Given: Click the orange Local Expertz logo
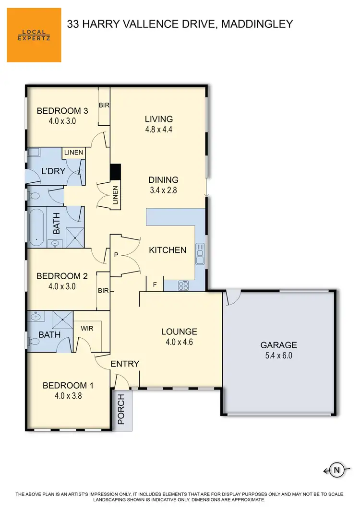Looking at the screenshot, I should click(x=34, y=35).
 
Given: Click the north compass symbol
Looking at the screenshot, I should click(x=336, y=470).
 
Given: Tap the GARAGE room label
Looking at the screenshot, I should click(x=278, y=345).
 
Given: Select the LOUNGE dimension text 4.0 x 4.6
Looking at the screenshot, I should click(x=179, y=343).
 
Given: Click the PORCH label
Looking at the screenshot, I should click(x=121, y=409).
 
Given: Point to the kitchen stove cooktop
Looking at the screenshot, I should click(x=183, y=285).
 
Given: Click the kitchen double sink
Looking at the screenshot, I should click(x=200, y=254).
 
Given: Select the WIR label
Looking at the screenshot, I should click(x=87, y=329).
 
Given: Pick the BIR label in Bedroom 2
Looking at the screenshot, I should click(x=103, y=290).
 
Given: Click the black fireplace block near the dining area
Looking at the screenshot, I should click(x=116, y=171).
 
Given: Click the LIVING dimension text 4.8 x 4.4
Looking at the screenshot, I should click(x=159, y=130).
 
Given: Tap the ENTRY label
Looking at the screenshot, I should click(x=125, y=364).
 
